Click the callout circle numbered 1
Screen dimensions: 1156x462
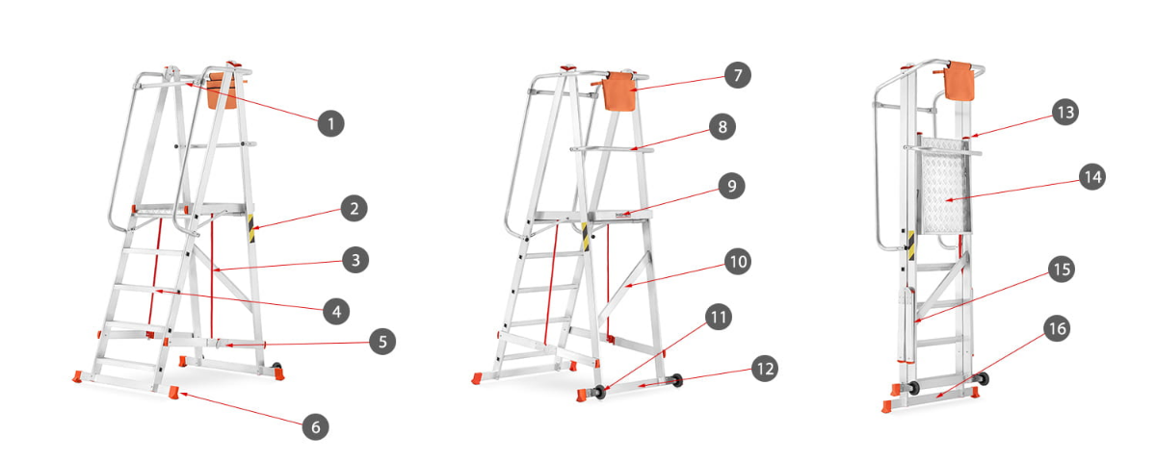click(x=330, y=123)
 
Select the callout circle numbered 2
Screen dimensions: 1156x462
click(x=355, y=208)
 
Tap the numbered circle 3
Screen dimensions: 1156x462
click(x=355, y=260)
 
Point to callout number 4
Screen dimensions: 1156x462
click(x=336, y=312)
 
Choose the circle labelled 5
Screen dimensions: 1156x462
click(x=382, y=342)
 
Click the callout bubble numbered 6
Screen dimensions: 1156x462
click(x=315, y=427)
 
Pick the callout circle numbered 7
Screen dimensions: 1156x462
click(x=738, y=75)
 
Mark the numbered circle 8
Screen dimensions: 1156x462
click(x=722, y=126)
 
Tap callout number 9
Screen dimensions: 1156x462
click(x=731, y=186)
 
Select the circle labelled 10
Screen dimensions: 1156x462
click(x=738, y=262)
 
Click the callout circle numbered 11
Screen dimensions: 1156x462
click(x=719, y=317)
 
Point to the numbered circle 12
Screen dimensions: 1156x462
click(x=764, y=368)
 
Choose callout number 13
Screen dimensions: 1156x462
click(x=1065, y=112)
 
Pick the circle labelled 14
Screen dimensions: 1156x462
click(x=1092, y=177)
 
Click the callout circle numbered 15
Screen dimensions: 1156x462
click(x=1061, y=269)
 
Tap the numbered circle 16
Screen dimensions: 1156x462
click(x=1058, y=328)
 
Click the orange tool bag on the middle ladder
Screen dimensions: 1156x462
click(x=618, y=91)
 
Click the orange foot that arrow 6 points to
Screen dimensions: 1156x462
click(x=174, y=393)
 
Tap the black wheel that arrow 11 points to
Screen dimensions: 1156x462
click(x=599, y=392)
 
